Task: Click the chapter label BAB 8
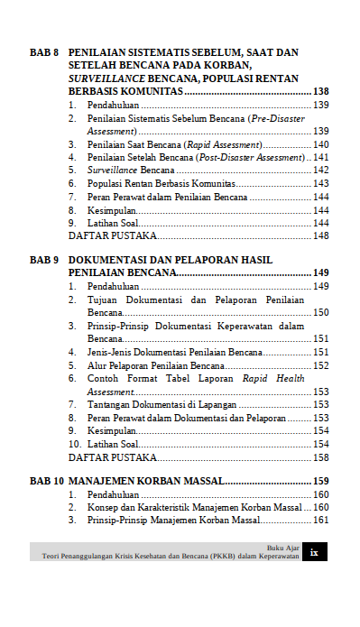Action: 44,54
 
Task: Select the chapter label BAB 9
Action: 44,260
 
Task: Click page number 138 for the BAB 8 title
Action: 320,92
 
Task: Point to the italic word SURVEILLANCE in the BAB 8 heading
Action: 108,79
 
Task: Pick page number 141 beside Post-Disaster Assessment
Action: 320,157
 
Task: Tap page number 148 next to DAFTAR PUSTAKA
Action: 320,235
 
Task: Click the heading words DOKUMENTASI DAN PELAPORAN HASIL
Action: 170,260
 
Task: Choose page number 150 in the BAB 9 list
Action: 320,312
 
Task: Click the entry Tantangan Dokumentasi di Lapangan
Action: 160,405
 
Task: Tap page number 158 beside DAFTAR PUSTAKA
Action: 320,457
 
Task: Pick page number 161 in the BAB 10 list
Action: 320,521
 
